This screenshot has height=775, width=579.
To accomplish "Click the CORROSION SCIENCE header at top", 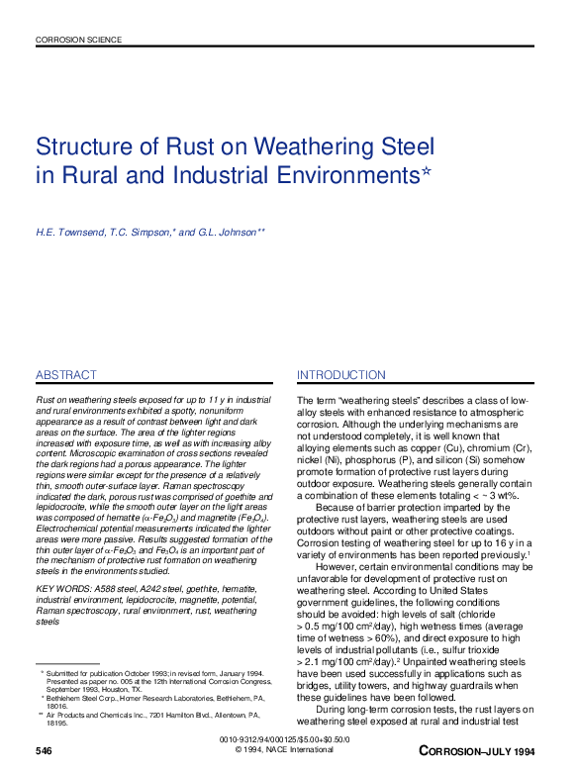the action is (78, 41).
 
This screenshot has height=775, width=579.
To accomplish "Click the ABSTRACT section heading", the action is (65, 375).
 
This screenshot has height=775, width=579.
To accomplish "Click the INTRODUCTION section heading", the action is (341, 375).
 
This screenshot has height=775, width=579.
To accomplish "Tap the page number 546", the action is (44, 752).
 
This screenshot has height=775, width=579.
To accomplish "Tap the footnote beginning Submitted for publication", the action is (95, 672).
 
